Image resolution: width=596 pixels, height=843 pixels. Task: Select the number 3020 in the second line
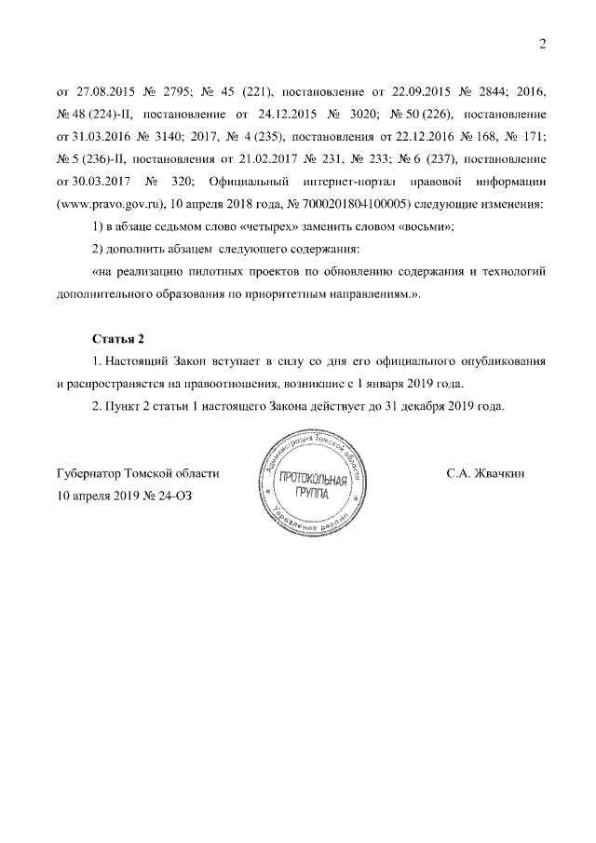[x=368, y=116]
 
